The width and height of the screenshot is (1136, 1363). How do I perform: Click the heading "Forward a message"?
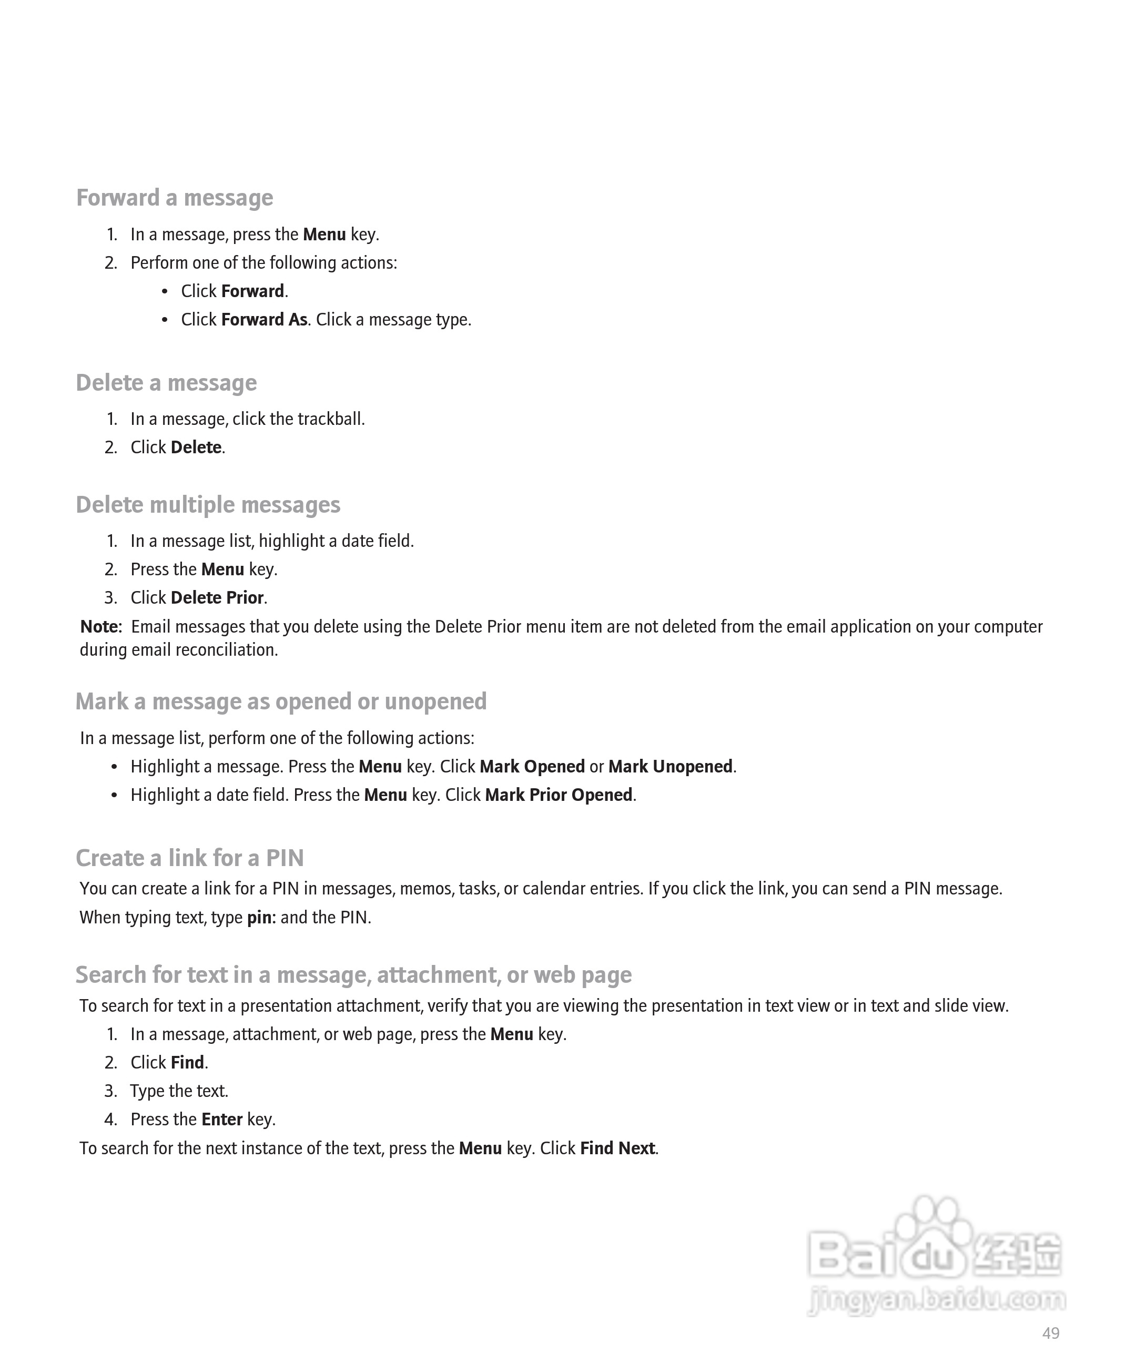click(175, 197)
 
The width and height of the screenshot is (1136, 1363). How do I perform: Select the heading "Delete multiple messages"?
click(208, 504)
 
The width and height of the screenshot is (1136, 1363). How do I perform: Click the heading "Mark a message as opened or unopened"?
click(281, 701)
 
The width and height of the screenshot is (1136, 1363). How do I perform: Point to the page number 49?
click(1050, 1333)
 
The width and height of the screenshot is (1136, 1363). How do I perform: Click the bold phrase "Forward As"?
click(264, 319)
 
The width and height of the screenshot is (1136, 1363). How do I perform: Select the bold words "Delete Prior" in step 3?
click(217, 597)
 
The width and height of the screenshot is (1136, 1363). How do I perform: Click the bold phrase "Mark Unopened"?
click(670, 767)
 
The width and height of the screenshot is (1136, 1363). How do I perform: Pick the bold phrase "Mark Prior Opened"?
click(558, 795)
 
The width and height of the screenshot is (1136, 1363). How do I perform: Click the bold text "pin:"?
click(261, 917)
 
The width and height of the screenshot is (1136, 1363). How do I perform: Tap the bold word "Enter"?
click(222, 1119)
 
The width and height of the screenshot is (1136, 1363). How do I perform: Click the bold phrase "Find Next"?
click(617, 1148)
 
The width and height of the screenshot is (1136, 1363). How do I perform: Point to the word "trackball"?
click(330, 419)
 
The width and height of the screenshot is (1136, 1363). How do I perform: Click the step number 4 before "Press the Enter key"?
click(111, 1120)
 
